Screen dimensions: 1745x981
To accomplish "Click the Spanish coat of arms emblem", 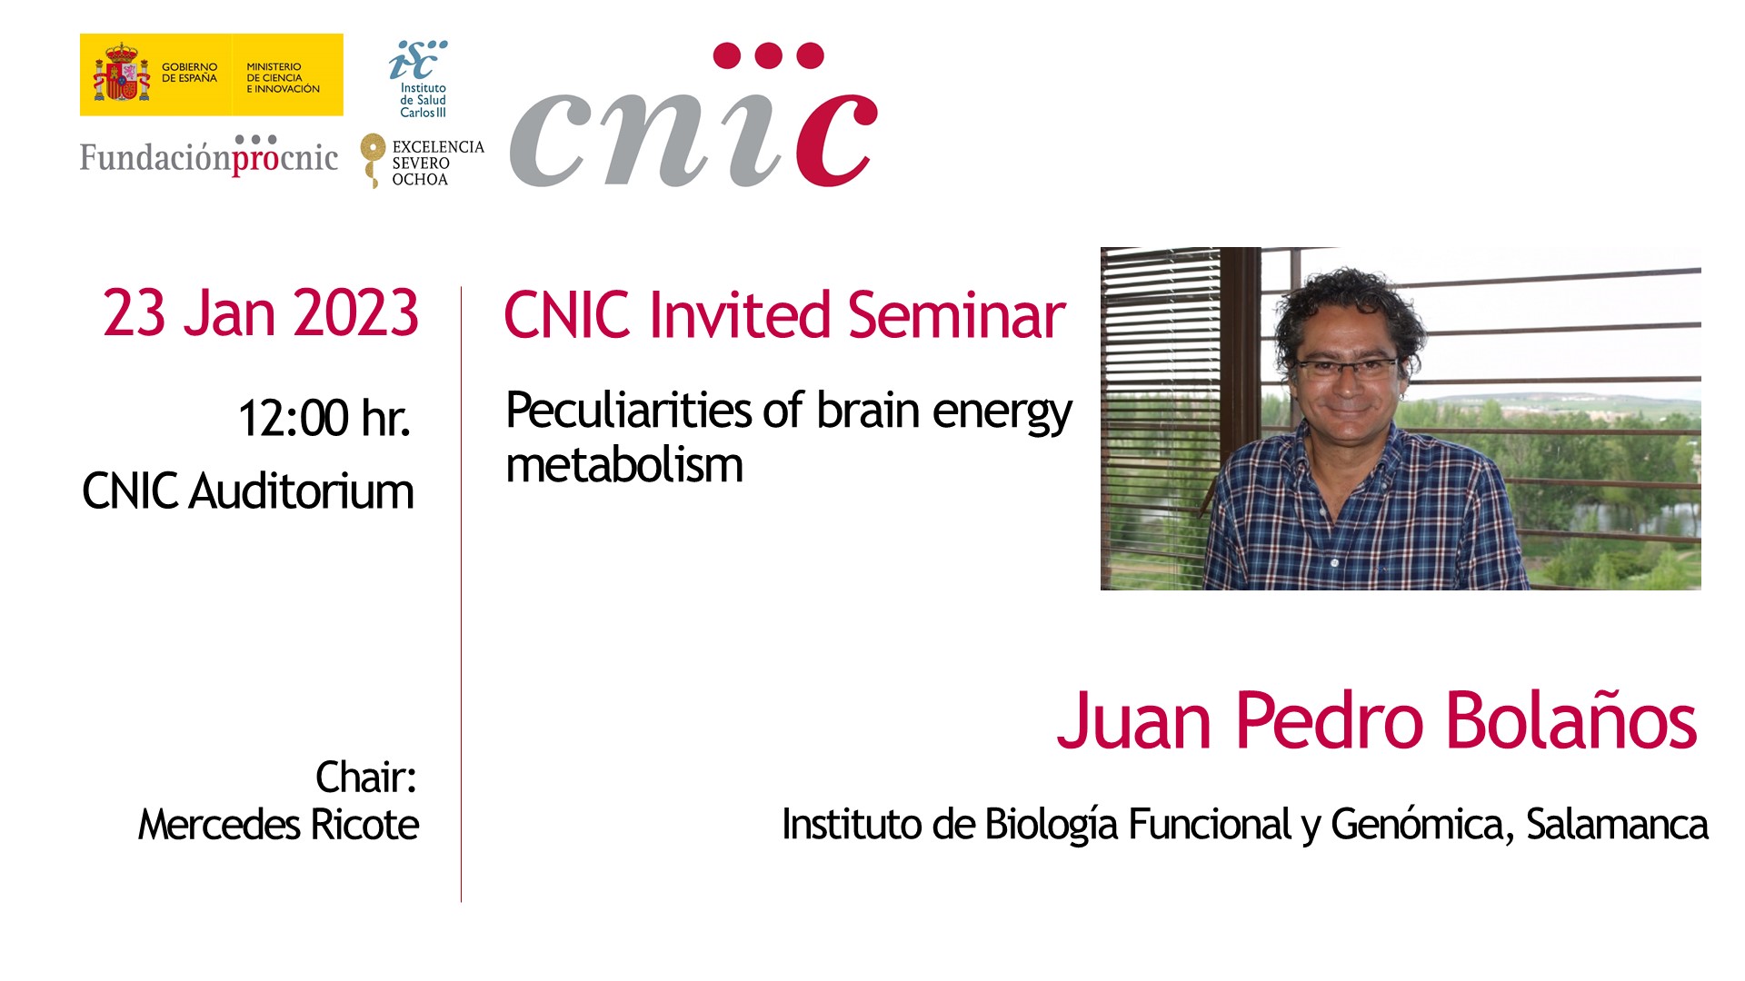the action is [x=121, y=73].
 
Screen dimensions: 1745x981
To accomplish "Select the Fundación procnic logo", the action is [x=209, y=155].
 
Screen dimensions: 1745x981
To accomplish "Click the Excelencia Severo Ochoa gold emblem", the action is [x=373, y=160].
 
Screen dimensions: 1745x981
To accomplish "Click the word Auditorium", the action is [x=302, y=491].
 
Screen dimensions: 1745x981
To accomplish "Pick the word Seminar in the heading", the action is [x=956, y=315].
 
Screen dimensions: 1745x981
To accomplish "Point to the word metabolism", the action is [x=624, y=465].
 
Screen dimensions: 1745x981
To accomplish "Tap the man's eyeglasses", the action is [x=1347, y=368].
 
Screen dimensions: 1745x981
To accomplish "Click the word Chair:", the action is [x=365, y=778].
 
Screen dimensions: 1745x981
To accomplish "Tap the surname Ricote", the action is [x=364, y=825].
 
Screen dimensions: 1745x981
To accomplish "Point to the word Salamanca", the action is [x=1617, y=825].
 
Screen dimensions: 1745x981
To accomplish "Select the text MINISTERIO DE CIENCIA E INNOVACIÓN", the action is [x=283, y=78].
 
